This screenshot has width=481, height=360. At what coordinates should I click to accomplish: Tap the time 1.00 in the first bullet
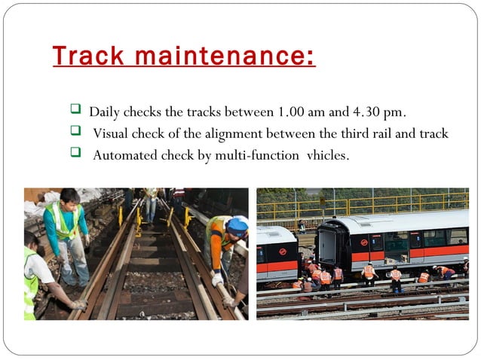click(x=291, y=112)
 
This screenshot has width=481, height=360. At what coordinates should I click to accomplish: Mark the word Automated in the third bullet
click(x=124, y=156)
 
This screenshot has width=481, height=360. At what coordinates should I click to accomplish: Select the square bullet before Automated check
click(x=75, y=154)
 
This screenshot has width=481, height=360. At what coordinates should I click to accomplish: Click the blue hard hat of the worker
click(x=237, y=224)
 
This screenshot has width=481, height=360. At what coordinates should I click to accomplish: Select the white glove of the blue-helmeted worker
click(x=218, y=279)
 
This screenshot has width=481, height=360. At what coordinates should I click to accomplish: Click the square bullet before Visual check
click(x=75, y=132)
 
